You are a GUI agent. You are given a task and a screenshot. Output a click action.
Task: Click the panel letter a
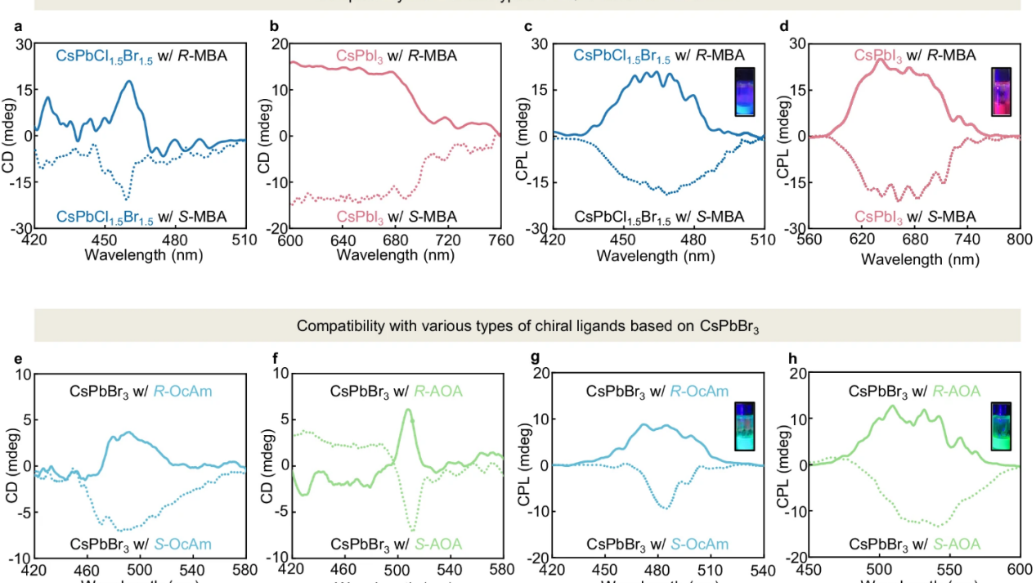[17, 25]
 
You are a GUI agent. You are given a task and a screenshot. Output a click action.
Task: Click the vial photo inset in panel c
[748, 91]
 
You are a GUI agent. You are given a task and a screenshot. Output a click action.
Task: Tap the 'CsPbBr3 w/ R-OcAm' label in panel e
[141, 391]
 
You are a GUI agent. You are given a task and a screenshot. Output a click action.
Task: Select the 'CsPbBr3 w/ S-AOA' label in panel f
[396, 544]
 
